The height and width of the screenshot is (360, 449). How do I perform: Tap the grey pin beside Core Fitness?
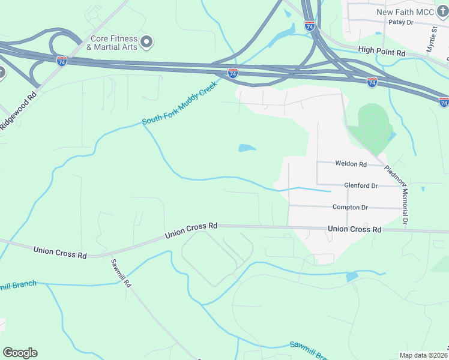[147, 41]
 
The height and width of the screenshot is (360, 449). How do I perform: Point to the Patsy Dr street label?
[401, 22]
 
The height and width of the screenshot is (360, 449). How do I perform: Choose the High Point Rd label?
[382, 53]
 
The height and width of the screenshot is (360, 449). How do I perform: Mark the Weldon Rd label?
[351, 164]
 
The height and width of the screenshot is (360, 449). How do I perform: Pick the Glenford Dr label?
[361, 186]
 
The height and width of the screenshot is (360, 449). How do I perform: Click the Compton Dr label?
[350, 207]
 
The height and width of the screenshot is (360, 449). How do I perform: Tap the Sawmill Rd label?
[121, 274]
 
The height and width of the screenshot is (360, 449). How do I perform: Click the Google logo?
[20, 353]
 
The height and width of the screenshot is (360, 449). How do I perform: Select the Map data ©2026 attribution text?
[423, 355]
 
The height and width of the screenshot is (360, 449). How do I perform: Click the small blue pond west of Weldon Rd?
[247, 148]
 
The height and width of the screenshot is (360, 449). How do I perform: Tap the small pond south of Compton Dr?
[352, 277]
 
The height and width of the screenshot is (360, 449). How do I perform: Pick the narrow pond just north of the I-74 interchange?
[282, 37]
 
